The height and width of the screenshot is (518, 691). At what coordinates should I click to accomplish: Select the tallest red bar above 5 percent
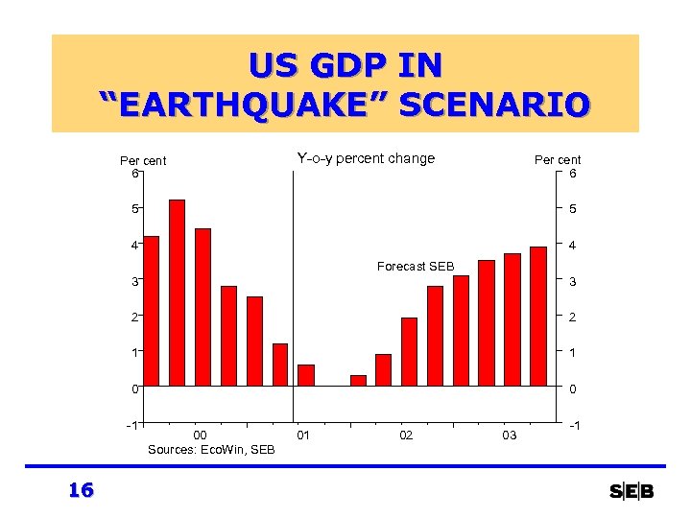coord(177,293)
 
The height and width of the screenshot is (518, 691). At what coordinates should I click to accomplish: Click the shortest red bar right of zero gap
coord(358,381)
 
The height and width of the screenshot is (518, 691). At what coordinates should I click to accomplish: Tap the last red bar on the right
coord(538,317)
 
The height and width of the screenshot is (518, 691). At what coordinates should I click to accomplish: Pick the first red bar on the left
coord(151,311)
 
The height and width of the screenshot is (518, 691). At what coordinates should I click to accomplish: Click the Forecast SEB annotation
coord(416,266)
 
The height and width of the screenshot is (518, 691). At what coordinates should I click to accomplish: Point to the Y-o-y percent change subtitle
coord(366,158)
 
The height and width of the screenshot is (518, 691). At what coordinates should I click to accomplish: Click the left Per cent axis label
coord(143,160)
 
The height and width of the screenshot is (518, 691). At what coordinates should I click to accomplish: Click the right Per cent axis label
coord(558,160)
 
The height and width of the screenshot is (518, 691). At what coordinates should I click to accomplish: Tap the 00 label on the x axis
coord(201,436)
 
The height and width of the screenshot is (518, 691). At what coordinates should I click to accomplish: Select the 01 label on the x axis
coord(303,436)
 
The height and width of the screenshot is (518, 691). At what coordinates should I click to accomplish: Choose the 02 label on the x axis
coord(406,436)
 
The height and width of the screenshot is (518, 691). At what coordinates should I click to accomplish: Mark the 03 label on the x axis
coord(510,436)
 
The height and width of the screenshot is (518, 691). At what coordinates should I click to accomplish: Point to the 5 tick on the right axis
coord(572,209)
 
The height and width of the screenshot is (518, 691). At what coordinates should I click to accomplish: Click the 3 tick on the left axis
coord(135,281)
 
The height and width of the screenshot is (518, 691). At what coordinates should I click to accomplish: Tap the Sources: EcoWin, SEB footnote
coord(211,449)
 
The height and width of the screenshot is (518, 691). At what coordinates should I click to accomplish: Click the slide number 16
coord(81,491)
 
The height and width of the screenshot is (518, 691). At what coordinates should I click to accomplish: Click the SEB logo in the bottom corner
coord(631,492)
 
